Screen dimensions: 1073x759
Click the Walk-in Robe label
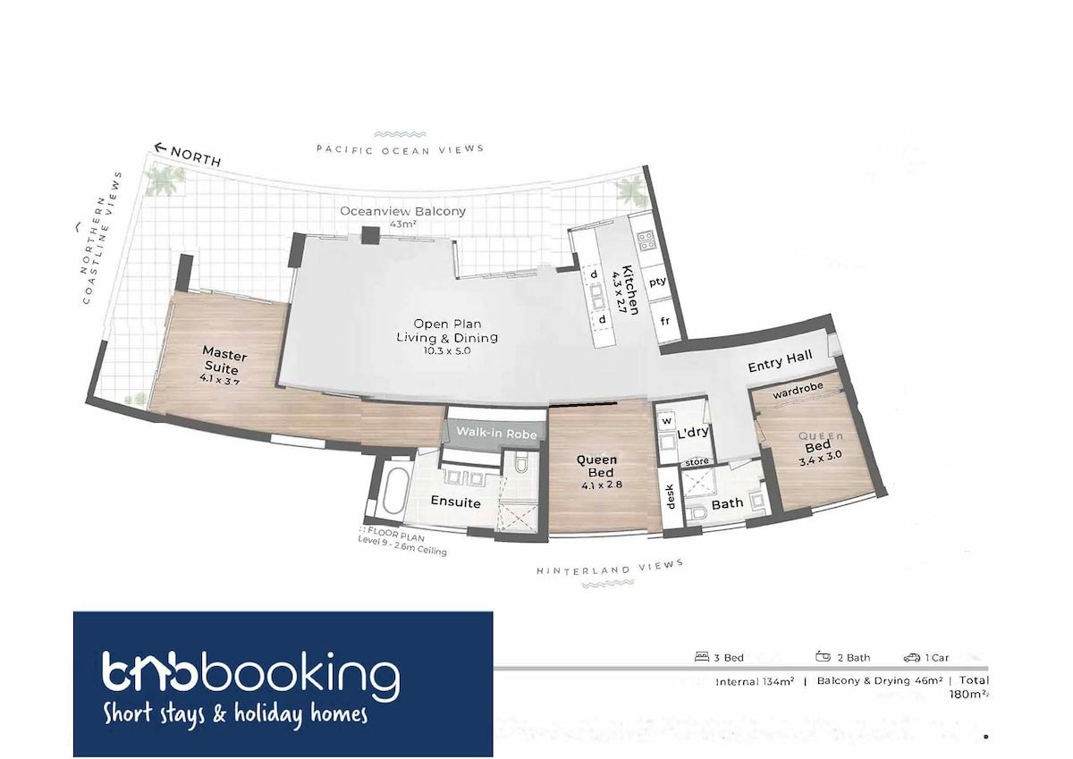pos(496,433)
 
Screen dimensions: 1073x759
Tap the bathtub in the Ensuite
pos(395,490)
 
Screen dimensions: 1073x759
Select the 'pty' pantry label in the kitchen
pos(657,282)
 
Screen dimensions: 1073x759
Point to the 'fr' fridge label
pos(665,320)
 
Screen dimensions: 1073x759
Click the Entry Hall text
pos(780,360)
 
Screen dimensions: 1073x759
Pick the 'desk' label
pos(670,497)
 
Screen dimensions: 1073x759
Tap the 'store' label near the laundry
pos(697,462)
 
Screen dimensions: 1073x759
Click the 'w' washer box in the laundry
pos(667,421)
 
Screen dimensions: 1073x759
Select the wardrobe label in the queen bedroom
pos(798,391)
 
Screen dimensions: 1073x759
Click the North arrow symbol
pos(160,148)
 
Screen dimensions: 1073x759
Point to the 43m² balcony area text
pos(402,223)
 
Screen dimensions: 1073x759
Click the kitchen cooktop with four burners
pos(646,240)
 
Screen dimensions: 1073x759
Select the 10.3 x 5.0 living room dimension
pos(446,350)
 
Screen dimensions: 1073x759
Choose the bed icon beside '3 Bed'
pos(702,656)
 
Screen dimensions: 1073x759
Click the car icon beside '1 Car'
pos(912,658)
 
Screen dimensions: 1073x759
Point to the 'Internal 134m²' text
pos(755,681)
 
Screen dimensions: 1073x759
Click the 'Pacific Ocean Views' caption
pos(400,150)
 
